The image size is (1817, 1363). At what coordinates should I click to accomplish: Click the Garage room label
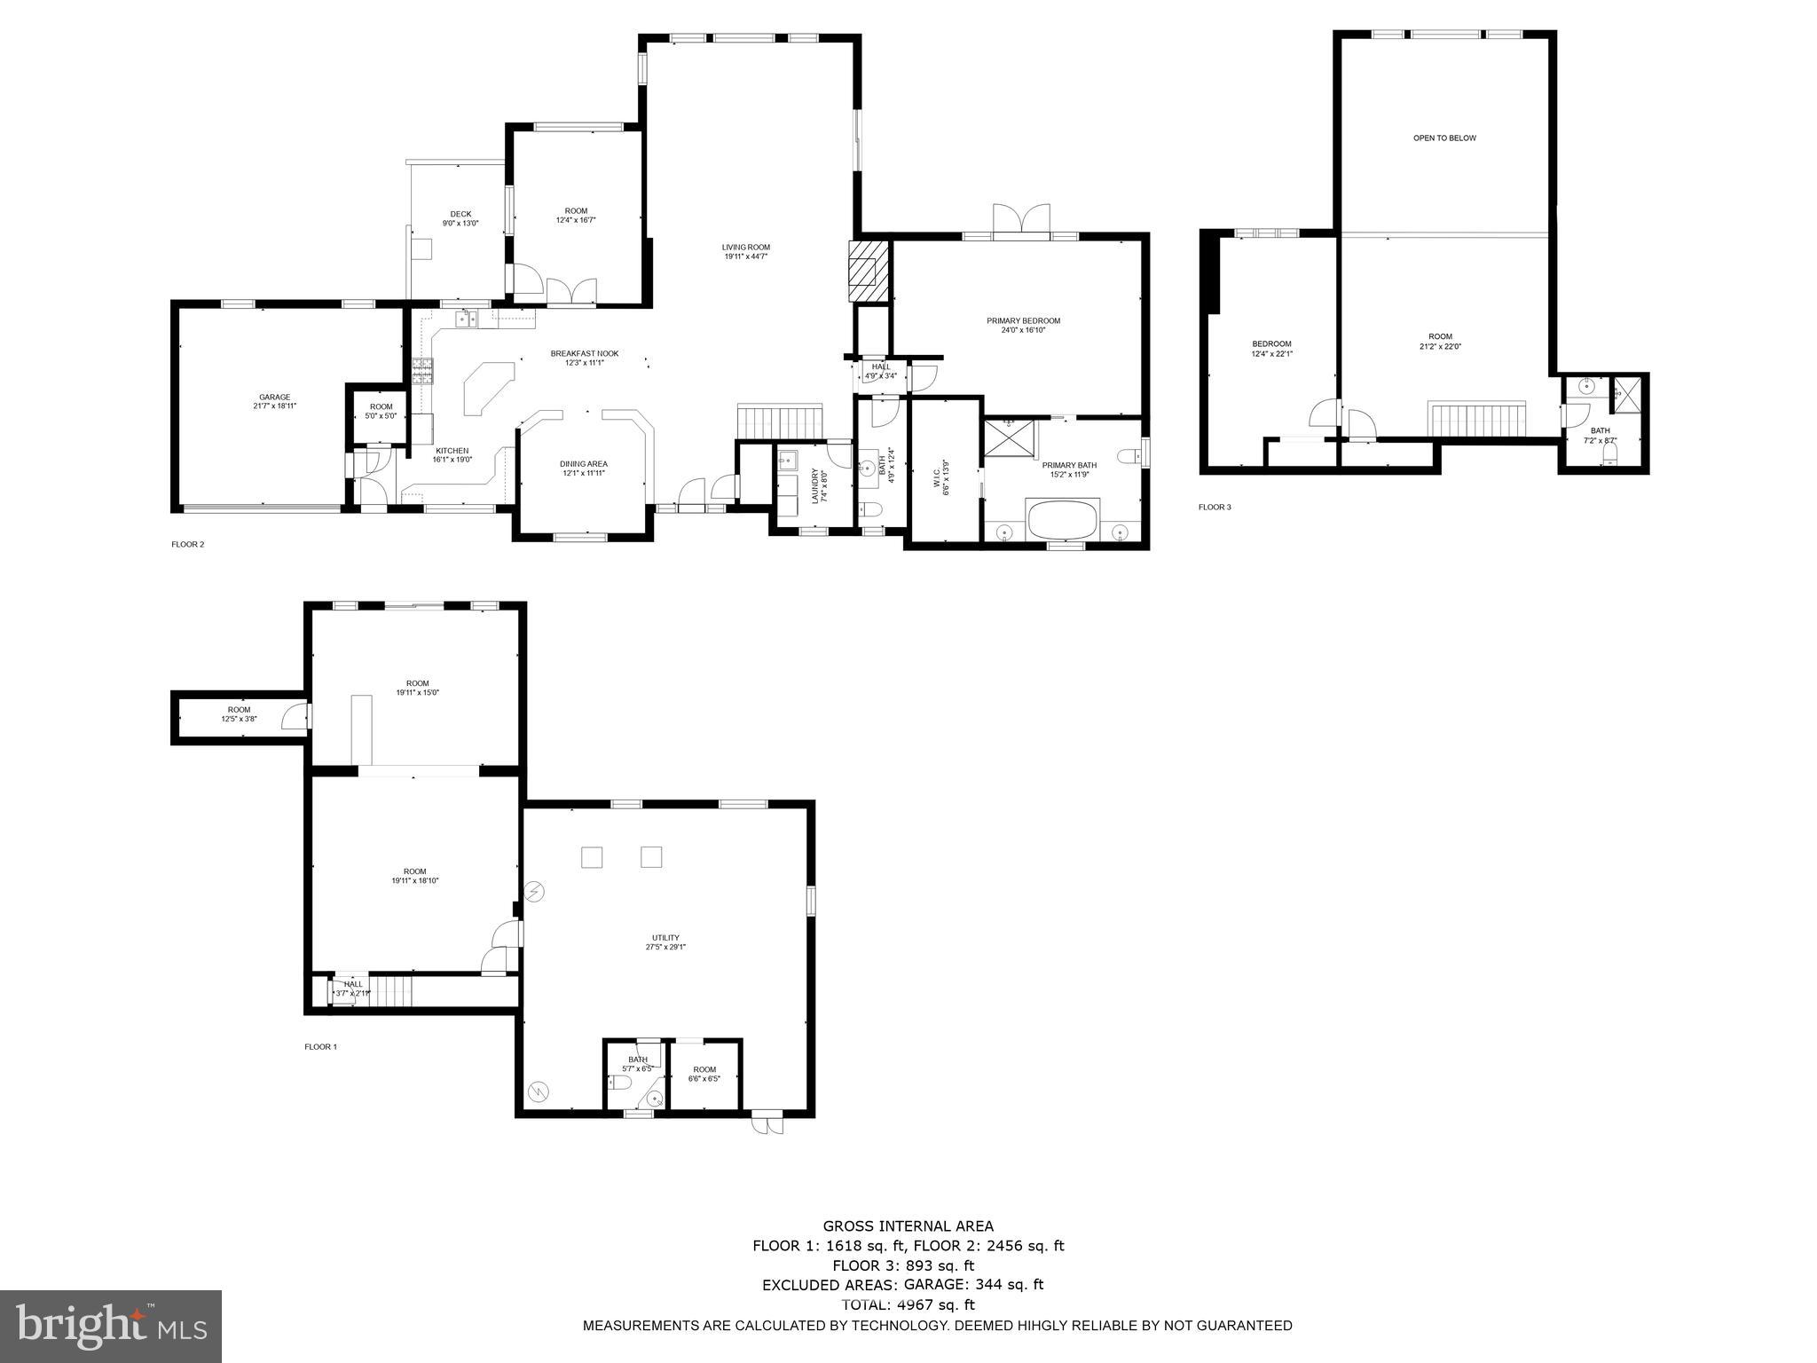coord(274,402)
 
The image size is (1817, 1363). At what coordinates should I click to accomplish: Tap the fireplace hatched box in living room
coord(868,271)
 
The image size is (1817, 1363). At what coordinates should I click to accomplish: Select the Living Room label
coord(745,252)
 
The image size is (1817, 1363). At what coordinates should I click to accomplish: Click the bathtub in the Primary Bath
coord(1063,519)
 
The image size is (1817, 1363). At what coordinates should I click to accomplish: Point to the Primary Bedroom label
coord(1023,325)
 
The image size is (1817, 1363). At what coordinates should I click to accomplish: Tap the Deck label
coord(460,218)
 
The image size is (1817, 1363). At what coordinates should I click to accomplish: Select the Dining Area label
coord(584,468)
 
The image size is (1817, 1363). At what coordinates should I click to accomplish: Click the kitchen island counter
coord(486,386)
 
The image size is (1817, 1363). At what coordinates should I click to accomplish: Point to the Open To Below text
coord(1444,138)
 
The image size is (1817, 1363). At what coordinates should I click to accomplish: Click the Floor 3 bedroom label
coord(1271,348)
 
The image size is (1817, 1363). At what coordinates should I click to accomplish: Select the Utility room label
coord(665,941)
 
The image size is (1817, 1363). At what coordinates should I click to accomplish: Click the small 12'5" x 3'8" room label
coord(239,713)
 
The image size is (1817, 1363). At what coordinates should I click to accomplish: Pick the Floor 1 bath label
coord(638,1063)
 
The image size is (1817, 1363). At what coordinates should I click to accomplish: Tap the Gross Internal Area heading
coord(908,1226)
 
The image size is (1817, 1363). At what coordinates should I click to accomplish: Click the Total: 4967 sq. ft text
coord(908,1304)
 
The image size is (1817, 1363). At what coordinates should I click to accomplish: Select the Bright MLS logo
coord(111,1326)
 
